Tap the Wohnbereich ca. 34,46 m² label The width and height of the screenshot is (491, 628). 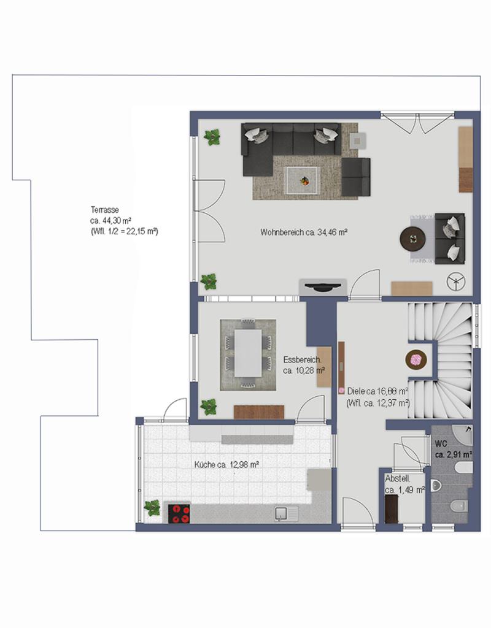tap(304, 232)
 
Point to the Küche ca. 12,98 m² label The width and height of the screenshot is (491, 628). tap(226, 465)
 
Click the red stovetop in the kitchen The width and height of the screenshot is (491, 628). tap(179, 514)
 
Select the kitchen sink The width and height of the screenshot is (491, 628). tap(286, 514)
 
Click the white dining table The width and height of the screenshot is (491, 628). tap(248, 353)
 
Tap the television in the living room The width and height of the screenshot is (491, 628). tap(323, 287)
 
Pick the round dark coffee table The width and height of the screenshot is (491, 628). tap(413, 239)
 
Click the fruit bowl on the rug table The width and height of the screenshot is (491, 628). tap(304, 182)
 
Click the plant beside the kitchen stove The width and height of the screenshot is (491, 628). tap(152, 508)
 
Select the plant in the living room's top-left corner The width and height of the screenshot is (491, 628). tap(212, 137)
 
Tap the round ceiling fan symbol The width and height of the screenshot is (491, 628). tap(456, 281)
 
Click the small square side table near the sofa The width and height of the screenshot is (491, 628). tap(358, 140)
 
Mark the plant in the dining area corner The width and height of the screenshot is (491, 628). tap(209, 407)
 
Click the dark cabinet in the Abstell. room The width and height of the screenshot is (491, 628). tap(392, 508)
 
